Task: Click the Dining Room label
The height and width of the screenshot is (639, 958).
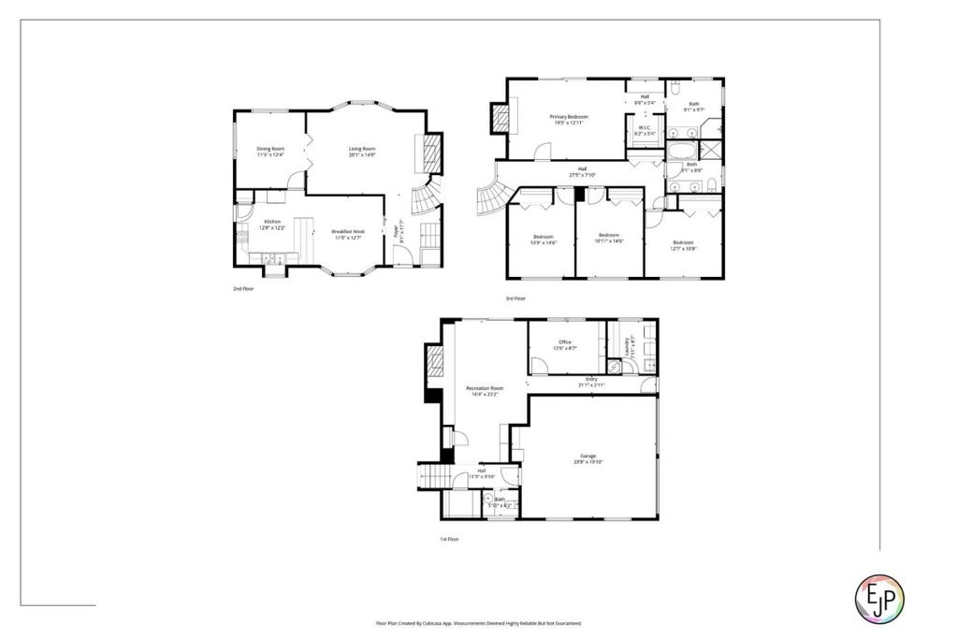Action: click(271, 149)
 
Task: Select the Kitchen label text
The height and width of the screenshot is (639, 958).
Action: click(271, 222)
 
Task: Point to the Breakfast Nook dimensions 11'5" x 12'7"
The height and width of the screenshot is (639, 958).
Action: click(346, 238)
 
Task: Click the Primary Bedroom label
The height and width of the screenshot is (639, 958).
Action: click(569, 116)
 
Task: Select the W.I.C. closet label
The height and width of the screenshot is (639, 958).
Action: click(645, 128)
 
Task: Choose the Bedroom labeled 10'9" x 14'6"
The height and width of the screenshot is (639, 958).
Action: click(544, 236)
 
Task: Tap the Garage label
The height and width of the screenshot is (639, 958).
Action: click(588, 456)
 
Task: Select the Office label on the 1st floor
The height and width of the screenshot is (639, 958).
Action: click(565, 342)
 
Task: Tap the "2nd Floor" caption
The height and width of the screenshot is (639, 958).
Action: click(243, 289)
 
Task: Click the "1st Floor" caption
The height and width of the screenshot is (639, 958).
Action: click(450, 539)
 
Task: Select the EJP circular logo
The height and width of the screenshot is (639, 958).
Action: click(881, 594)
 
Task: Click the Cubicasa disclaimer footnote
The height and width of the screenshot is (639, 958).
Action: click(478, 623)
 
